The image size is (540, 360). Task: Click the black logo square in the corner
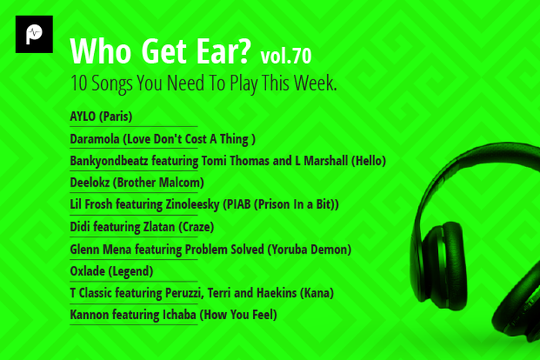[34, 34]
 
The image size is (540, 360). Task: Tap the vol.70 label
[287, 55]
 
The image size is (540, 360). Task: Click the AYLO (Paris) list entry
[101, 117]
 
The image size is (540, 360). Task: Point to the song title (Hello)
[366, 161]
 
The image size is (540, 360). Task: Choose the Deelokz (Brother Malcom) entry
[137, 183]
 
